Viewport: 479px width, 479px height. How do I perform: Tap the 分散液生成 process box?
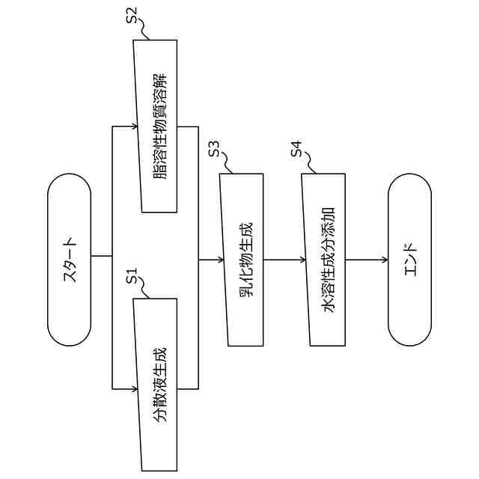click(x=156, y=386)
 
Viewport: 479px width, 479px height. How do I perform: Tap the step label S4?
click(x=298, y=149)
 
